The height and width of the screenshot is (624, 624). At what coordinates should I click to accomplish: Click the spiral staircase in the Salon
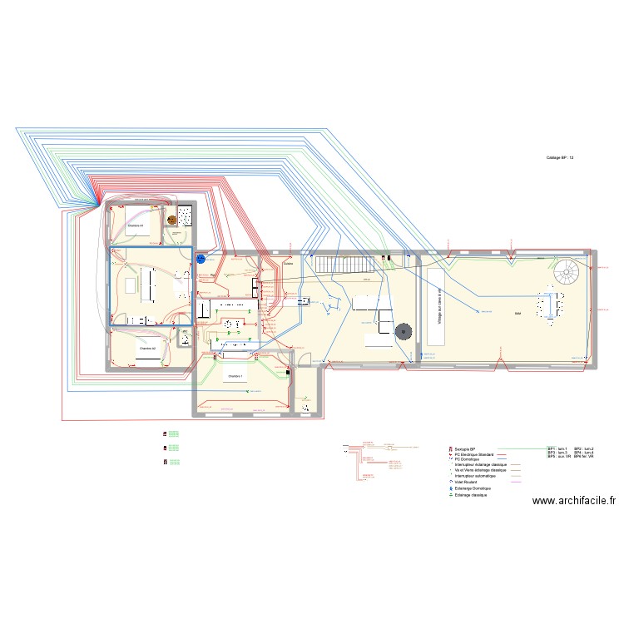(567, 271)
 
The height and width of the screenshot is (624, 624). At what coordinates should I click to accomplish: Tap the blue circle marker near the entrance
(201, 259)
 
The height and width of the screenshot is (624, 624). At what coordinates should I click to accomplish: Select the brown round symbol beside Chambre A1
(172, 220)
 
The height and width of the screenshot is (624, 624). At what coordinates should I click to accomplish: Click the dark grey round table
(404, 330)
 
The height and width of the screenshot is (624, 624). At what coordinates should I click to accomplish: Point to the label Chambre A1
(136, 225)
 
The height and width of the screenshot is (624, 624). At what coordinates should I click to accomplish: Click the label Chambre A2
(147, 348)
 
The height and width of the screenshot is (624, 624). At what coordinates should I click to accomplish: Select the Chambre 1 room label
(235, 376)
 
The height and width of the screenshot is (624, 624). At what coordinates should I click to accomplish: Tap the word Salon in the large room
(518, 313)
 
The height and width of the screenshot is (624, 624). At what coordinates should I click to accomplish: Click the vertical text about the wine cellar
(439, 305)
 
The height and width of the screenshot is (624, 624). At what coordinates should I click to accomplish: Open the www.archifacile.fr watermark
(574, 501)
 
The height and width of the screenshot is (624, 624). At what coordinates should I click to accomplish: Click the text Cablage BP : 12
(560, 157)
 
